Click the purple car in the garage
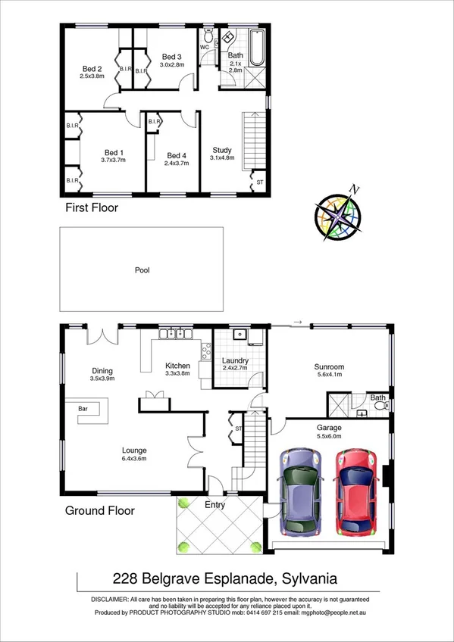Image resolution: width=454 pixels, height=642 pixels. click(300, 492)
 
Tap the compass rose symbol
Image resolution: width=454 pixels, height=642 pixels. click(338, 214)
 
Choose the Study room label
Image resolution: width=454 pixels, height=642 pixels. click(222, 150)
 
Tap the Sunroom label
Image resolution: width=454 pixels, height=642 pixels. click(329, 367)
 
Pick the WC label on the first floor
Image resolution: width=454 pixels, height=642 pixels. click(205, 47)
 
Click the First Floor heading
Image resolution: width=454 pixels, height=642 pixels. click(90, 207)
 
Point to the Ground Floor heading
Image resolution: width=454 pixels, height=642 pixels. click(99, 510)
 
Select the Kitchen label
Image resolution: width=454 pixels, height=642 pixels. click(177, 366)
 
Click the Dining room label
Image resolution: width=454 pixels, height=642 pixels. click(102, 370)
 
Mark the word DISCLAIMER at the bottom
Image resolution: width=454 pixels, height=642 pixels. click(111, 598)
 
